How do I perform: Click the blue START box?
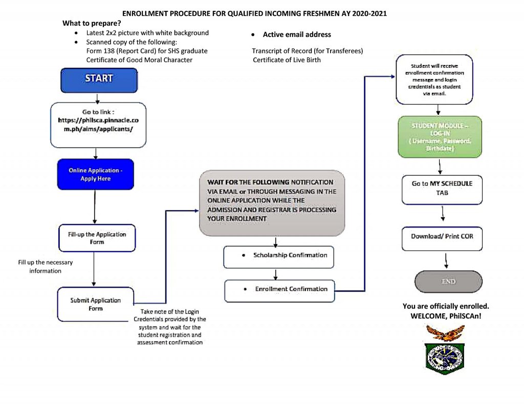tap(99, 80)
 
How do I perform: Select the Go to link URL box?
tap(98, 125)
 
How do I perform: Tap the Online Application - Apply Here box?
tap(96, 174)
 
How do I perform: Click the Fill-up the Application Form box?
tap(97, 238)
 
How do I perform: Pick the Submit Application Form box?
tap(96, 304)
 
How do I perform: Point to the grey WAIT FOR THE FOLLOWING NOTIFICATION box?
tap(272, 203)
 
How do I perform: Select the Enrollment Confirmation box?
tap(279, 290)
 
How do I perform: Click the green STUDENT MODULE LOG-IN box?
tap(440, 137)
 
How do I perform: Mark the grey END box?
tap(448, 281)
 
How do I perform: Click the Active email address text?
tap(297, 34)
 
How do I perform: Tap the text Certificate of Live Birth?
tap(287, 60)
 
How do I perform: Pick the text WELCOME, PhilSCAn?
tap(446, 316)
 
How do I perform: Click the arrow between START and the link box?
tap(97, 98)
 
